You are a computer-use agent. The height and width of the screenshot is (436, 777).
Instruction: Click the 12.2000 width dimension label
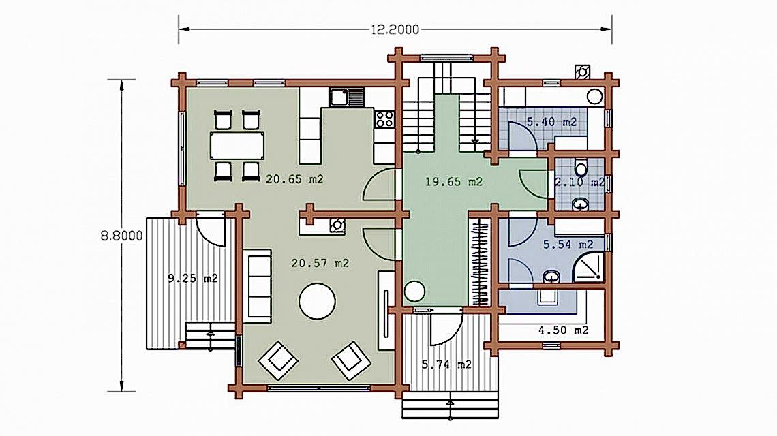pos(395,30)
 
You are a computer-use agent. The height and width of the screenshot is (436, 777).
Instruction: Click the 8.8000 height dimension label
pos(121,236)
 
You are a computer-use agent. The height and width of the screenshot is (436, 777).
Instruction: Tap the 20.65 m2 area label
pos(294,179)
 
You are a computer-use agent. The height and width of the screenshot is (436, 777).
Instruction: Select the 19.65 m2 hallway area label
pos(454,182)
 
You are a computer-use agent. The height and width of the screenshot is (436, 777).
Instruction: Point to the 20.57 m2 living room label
pos(320,263)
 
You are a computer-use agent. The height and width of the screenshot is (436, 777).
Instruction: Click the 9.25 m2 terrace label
pos(193,279)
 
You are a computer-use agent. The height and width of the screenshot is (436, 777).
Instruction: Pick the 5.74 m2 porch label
pos(446,364)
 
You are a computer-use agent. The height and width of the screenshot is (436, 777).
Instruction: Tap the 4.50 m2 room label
pos(564,330)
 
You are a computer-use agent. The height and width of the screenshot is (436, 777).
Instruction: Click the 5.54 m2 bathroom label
pos(568,245)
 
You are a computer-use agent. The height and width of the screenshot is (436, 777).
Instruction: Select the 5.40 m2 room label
pos(551,121)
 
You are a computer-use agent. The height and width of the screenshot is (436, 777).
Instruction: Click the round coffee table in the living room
pos(317,301)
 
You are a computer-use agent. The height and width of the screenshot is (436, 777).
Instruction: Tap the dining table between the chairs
pos(237,145)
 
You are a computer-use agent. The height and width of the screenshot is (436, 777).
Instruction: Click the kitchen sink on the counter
pos(346,97)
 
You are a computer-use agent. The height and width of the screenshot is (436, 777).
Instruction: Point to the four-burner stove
pos(384,119)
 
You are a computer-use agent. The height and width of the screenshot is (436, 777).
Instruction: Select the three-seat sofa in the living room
pos(258,286)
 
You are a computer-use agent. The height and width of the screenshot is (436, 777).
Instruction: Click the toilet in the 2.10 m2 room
pos(581,168)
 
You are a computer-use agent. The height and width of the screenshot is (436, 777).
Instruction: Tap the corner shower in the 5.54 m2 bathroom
pos(589,267)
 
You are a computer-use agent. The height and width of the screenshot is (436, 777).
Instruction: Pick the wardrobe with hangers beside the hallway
pos(479,262)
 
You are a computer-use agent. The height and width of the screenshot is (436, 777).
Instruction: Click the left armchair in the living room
pos(278,360)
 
